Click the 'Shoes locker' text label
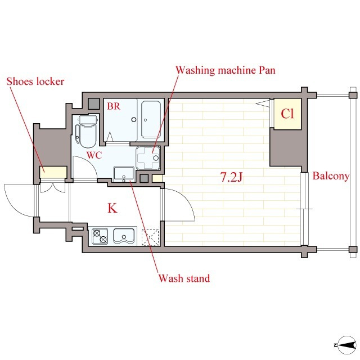(x=35, y=82)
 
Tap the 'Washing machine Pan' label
(x=226, y=70)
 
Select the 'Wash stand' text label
(x=184, y=278)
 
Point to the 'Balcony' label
(x=331, y=176)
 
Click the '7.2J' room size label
(x=231, y=177)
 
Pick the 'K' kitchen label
(x=112, y=208)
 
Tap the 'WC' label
(x=94, y=155)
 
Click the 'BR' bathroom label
(x=114, y=106)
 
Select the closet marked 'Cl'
(x=287, y=114)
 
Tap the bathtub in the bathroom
(x=151, y=120)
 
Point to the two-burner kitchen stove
(x=100, y=236)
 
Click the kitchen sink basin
(x=124, y=236)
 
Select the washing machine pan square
(x=148, y=158)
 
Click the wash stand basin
(x=124, y=174)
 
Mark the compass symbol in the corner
(x=346, y=345)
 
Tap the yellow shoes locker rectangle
(x=53, y=172)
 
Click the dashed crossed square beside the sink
(x=150, y=237)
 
